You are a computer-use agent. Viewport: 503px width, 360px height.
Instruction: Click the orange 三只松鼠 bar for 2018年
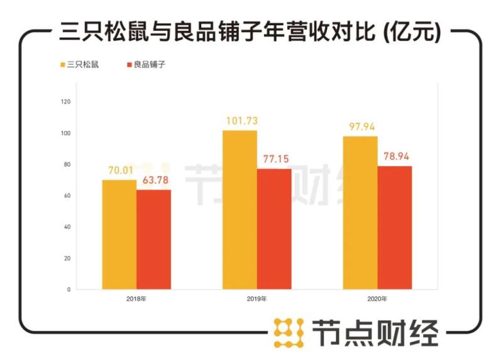pos(119,234)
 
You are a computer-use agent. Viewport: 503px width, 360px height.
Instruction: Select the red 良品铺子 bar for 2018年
pos(153,239)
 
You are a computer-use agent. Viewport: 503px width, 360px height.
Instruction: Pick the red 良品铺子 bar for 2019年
pos(274,229)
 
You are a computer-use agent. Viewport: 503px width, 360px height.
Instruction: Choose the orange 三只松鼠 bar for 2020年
pos(360,213)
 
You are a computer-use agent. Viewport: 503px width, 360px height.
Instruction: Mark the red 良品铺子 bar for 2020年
pos(395,227)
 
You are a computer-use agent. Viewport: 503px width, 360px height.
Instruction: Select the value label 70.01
pos(119,171)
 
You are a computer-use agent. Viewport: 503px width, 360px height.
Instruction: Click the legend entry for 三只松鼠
pos(80,65)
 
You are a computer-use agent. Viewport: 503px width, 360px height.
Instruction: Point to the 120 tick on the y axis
pos(66,102)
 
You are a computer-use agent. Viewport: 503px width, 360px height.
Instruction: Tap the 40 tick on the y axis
pos(67,227)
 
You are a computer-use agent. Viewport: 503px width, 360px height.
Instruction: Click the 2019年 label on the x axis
pos(257,298)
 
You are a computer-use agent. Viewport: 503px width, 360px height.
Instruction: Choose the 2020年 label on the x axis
pos(377,298)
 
